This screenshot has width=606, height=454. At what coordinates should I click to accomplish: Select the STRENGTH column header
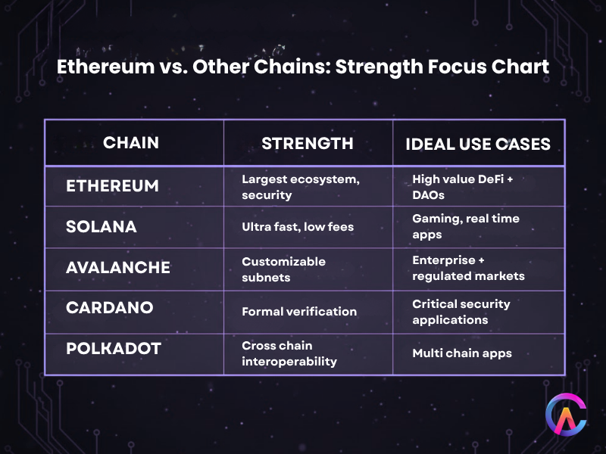click(x=307, y=143)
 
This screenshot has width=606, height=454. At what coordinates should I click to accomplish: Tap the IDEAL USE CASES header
click(x=478, y=143)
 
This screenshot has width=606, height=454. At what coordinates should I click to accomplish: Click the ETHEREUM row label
click(x=112, y=186)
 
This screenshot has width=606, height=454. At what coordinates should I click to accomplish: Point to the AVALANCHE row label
click(x=118, y=268)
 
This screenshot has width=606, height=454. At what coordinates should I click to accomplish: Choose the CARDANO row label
click(x=110, y=309)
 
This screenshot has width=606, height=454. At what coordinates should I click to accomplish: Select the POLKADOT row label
click(x=113, y=350)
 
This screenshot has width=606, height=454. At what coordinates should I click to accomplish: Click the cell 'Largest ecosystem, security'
click(x=289, y=187)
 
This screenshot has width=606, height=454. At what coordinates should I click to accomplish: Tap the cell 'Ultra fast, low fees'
click(x=296, y=227)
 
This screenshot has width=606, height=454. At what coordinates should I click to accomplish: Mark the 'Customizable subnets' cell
click(x=283, y=268)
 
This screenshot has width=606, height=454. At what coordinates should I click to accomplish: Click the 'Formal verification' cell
click(x=298, y=311)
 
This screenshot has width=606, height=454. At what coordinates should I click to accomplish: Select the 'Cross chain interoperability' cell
click(x=289, y=353)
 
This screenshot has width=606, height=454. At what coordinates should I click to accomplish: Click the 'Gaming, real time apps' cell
click(x=465, y=225)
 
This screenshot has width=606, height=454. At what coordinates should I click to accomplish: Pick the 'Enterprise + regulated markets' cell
click(x=467, y=268)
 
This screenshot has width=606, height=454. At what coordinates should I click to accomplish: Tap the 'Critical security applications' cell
click(x=461, y=311)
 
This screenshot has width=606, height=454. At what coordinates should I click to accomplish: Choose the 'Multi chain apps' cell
click(x=461, y=353)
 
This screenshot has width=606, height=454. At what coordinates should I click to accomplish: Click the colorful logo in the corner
click(x=567, y=415)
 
